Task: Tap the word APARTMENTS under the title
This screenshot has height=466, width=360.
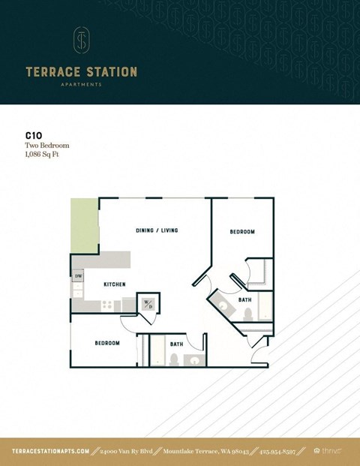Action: click(82, 85)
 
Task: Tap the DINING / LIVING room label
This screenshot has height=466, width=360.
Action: click(157, 230)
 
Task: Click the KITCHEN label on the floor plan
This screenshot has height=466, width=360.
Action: click(114, 284)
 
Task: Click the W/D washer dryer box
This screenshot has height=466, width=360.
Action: click(148, 304)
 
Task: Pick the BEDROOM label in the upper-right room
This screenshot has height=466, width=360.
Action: click(242, 232)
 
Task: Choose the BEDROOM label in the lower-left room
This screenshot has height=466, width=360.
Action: click(107, 343)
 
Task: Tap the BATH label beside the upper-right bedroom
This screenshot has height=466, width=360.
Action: click(245, 299)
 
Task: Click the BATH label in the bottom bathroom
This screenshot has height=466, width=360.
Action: click(176, 344)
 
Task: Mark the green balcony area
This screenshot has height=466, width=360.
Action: click(85, 226)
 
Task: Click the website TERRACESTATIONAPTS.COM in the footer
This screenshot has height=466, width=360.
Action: click(51, 451)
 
